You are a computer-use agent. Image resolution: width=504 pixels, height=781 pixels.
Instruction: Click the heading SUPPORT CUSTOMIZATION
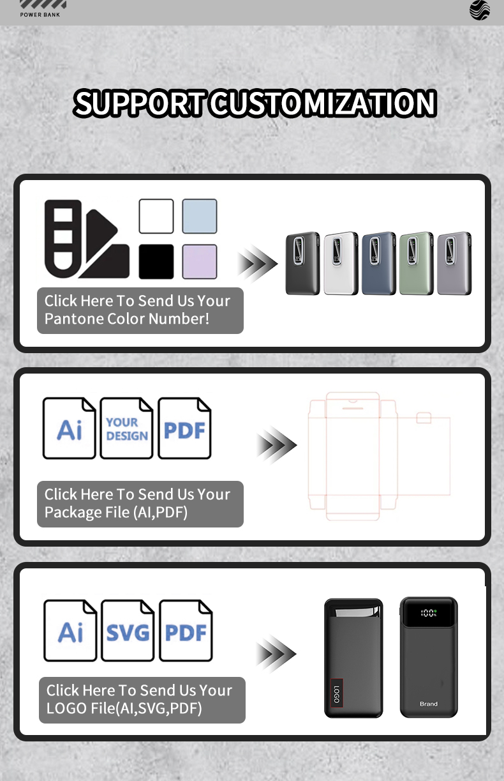click(255, 103)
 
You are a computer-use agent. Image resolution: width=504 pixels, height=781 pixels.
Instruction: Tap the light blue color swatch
click(200, 216)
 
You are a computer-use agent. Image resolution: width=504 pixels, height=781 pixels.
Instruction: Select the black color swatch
click(156, 262)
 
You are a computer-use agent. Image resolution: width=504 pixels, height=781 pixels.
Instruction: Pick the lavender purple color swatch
click(200, 262)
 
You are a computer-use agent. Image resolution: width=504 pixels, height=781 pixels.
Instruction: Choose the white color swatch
click(156, 216)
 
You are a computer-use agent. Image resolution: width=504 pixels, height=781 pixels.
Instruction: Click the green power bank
click(417, 264)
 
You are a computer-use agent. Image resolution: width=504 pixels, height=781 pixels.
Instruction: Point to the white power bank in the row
click(341, 264)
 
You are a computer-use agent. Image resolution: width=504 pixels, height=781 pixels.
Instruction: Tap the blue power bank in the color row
click(379, 264)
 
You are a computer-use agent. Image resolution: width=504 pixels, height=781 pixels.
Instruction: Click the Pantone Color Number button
click(140, 310)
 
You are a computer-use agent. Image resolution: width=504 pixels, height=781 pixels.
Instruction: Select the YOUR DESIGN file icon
click(126, 428)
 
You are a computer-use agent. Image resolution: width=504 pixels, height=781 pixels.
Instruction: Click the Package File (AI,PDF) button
click(140, 504)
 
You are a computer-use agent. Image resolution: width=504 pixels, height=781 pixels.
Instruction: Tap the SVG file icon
click(128, 631)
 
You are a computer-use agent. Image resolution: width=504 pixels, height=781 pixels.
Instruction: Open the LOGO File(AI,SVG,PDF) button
click(142, 700)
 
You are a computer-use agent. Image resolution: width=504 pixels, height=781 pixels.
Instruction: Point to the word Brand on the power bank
click(429, 704)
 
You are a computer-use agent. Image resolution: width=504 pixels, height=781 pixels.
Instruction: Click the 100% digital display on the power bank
click(429, 613)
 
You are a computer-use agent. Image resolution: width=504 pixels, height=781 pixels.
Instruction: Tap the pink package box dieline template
click(380, 456)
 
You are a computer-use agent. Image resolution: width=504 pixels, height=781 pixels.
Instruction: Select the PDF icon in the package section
click(184, 428)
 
